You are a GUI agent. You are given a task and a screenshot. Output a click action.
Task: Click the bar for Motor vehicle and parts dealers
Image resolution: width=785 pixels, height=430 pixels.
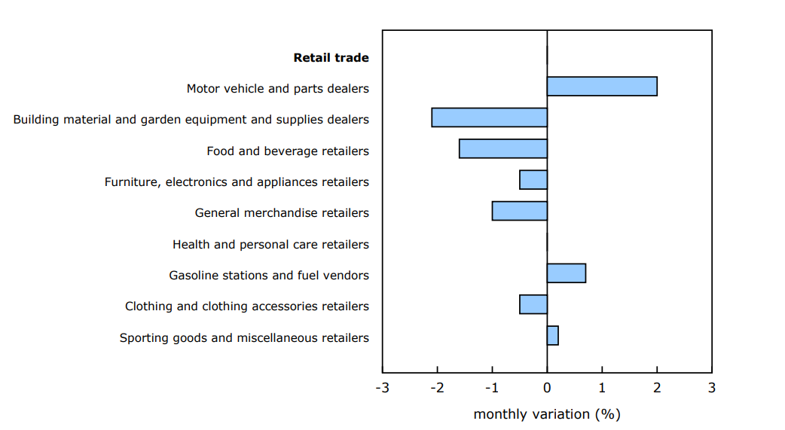click(602, 87)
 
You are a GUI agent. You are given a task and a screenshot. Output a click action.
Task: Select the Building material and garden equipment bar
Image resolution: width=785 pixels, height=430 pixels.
click(489, 117)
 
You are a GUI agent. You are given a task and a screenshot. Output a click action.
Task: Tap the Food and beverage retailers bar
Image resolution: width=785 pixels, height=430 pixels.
click(502, 148)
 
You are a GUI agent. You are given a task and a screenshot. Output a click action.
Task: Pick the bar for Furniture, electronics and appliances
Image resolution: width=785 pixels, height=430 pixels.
click(533, 180)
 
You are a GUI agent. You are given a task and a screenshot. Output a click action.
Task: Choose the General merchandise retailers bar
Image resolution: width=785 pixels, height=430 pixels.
click(519, 211)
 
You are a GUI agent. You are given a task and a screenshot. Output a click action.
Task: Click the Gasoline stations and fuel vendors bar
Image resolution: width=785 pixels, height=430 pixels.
click(566, 273)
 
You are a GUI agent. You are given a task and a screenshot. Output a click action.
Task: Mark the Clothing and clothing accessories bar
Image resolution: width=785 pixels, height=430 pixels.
click(533, 304)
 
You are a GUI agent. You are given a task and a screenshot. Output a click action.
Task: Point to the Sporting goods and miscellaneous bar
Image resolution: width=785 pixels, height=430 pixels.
click(552, 335)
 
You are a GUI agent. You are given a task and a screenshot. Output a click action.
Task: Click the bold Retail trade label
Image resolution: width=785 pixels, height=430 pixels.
click(331, 58)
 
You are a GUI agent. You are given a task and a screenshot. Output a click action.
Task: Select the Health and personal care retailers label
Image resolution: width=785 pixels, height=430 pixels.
click(270, 245)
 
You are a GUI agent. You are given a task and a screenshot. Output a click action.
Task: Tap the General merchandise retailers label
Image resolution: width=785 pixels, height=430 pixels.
click(282, 213)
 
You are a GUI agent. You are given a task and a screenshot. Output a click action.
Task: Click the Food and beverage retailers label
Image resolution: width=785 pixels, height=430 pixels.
click(288, 151)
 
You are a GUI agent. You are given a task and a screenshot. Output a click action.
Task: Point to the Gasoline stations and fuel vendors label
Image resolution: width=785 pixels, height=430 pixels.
click(269, 276)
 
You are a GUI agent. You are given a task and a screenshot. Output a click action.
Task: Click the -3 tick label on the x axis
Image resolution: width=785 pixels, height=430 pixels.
click(382, 389)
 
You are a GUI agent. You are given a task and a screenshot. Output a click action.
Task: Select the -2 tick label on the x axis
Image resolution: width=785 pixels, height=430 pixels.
click(437, 389)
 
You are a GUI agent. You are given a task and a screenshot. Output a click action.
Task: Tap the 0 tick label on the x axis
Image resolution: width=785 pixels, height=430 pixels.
click(547, 389)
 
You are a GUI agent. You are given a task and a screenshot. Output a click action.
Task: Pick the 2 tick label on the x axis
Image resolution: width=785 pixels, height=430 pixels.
click(657, 389)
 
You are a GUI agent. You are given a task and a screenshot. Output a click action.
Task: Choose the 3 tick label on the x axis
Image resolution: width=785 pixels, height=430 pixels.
click(711, 389)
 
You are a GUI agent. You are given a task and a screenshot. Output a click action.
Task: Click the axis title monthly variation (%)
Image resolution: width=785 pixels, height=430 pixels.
click(547, 414)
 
